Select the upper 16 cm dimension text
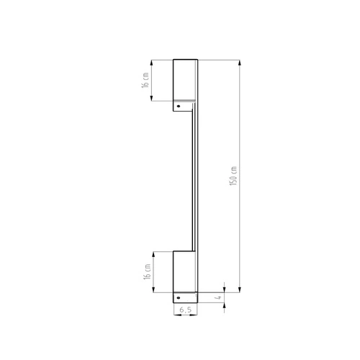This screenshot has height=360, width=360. (x=145, y=79)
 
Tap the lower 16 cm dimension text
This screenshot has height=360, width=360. (x=145, y=271)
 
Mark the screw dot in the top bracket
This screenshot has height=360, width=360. (x=178, y=105)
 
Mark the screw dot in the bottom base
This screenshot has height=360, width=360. (x=178, y=297)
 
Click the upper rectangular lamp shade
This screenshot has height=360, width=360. (x=185, y=79)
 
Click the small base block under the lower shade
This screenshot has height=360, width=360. (x=185, y=297)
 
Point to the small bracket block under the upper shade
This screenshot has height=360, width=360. (x=185, y=106)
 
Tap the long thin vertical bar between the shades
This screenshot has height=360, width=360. (x=194, y=180)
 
